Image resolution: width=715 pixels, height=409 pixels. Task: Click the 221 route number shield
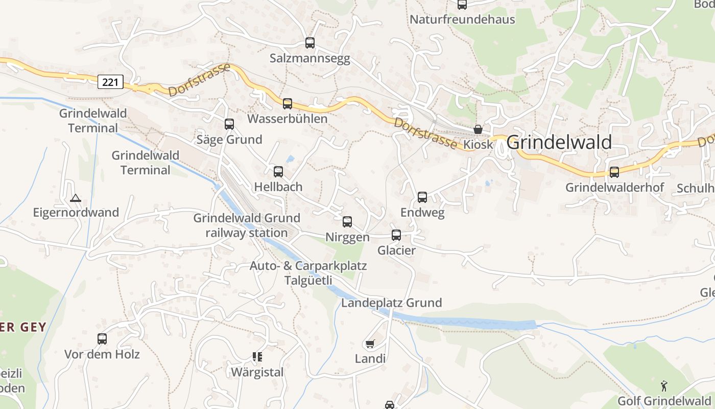click(110, 82)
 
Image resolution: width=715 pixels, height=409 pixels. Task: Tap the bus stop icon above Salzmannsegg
click(310, 43)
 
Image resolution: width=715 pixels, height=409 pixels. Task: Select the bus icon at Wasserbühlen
click(288, 104)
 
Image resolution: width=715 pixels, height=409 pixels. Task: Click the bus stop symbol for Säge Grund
click(229, 124)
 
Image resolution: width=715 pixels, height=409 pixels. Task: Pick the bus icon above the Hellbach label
click(278, 172)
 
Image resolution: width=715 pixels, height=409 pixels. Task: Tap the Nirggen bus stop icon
click(347, 222)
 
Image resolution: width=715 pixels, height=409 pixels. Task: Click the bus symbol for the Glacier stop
click(396, 235)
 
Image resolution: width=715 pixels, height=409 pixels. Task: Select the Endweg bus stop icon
click(422, 197)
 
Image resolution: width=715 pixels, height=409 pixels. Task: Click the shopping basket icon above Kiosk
click(478, 129)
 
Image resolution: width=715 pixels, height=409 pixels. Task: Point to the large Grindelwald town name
click(559, 142)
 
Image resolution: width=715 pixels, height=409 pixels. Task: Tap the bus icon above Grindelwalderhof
click(614, 172)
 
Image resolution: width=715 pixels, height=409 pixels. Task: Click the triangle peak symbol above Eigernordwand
click(76, 198)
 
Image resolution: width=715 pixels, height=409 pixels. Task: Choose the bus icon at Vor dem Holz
click(102, 339)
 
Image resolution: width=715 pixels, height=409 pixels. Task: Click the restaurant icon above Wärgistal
click(257, 357)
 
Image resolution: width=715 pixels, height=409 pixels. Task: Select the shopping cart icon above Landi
click(370, 344)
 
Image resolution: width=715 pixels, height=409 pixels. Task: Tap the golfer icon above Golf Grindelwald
click(664, 385)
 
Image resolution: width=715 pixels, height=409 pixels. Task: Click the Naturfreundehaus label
click(463, 20)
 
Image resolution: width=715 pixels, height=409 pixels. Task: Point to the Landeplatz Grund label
click(391, 303)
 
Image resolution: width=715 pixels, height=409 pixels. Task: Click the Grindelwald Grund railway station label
click(240, 225)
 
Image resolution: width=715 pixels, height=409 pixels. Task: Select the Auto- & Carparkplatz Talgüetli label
click(308, 273)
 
